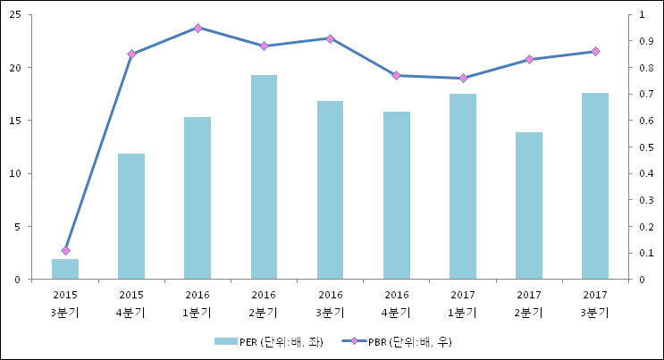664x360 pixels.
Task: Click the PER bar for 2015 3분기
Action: click(65, 269)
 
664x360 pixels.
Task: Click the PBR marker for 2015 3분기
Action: click(65, 251)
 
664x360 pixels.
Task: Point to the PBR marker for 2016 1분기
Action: click(198, 28)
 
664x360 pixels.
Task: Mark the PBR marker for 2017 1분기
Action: click(463, 79)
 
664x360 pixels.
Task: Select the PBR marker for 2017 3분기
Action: click(595, 52)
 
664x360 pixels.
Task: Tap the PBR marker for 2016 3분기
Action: click(330, 38)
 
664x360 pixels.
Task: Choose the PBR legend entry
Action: click(402, 341)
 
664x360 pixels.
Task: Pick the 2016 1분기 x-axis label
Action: click(198, 303)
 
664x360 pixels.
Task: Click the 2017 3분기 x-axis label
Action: click(595, 303)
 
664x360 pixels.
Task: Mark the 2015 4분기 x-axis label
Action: click(131, 303)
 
